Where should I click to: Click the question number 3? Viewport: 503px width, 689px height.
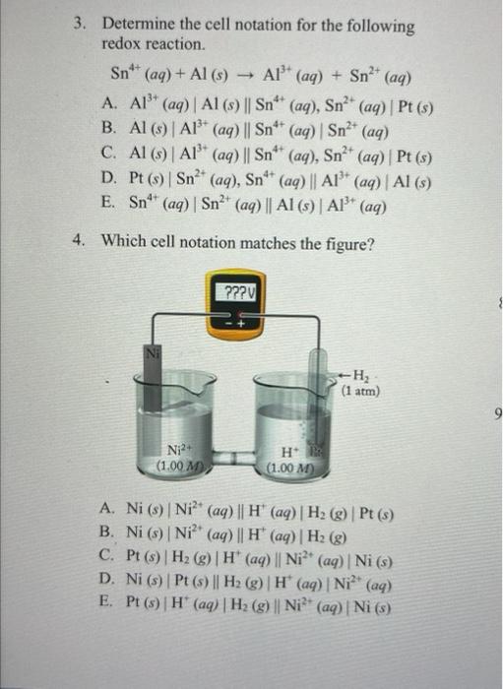84,23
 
